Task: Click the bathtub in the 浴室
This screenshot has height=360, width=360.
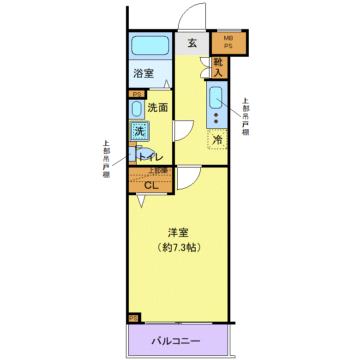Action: pyautogui.click(x=150, y=45)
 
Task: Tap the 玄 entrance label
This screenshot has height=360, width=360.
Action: pyautogui.click(x=192, y=43)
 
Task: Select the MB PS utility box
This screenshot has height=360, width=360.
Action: pyautogui.click(x=228, y=43)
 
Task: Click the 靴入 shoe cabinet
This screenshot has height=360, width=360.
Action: pyautogui.click(x=219, y=67)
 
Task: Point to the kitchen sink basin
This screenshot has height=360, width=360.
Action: pyautogui.click(x=216, y=97)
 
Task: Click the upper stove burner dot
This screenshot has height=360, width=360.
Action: pyautogui.click(x=216, y=115)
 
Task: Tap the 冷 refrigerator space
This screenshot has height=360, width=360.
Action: pyautogui.click(x=217, y=139)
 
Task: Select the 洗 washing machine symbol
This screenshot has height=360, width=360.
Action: pyautogui.click(x=139, y=131)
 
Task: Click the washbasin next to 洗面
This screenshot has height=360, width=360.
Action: pyautogui.click(x=137, y=109)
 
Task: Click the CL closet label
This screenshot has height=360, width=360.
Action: pyautogui.click(x=151, y=185)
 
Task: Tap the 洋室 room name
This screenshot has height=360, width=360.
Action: pyautogui.click(x=179, y=233)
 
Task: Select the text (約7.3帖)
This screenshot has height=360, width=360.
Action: pyautogui.click(x=179, y=247)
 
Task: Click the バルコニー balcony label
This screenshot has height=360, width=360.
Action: pyautogui.click(x=176, y=341)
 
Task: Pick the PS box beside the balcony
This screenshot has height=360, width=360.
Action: pyautogui.click(x=134, y=318)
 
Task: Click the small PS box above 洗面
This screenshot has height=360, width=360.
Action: pyautogui.click(x=137, y=94)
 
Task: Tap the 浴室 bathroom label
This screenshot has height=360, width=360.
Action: pyautogui.click(x=144, y=73)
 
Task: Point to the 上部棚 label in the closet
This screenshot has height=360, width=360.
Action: pyautogui.click(x=158, y=170)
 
